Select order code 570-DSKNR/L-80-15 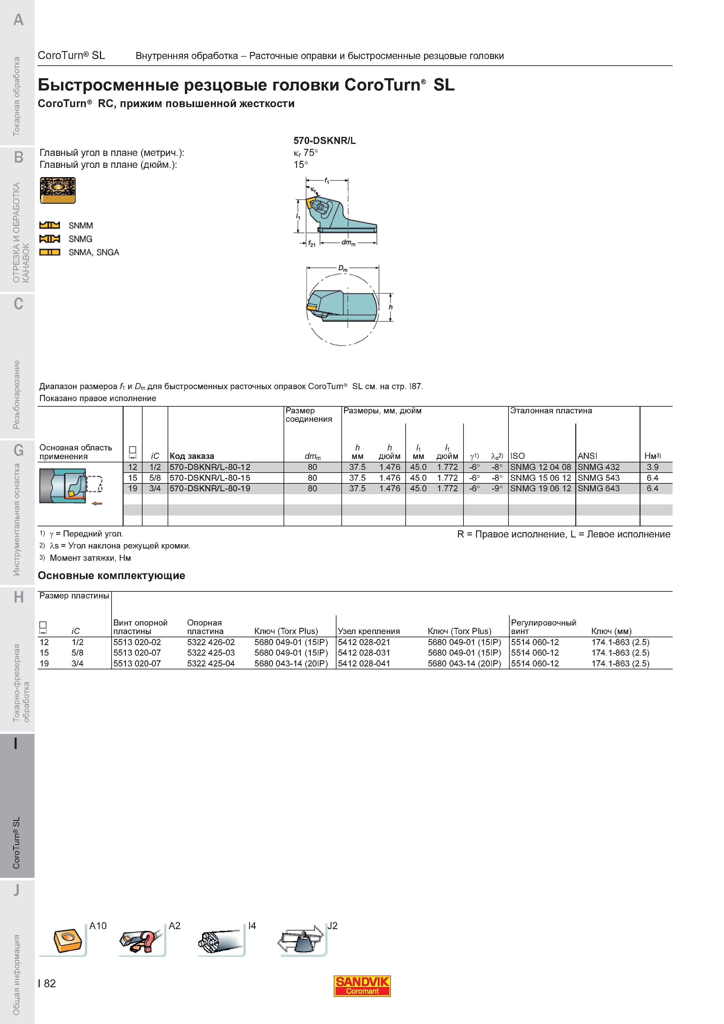click(210, 478)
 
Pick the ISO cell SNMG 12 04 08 click(540, 467)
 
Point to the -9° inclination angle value click(497, 488)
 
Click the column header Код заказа click(192, 456)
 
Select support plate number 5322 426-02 click(211, 642)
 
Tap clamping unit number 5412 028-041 click(364, 663)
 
